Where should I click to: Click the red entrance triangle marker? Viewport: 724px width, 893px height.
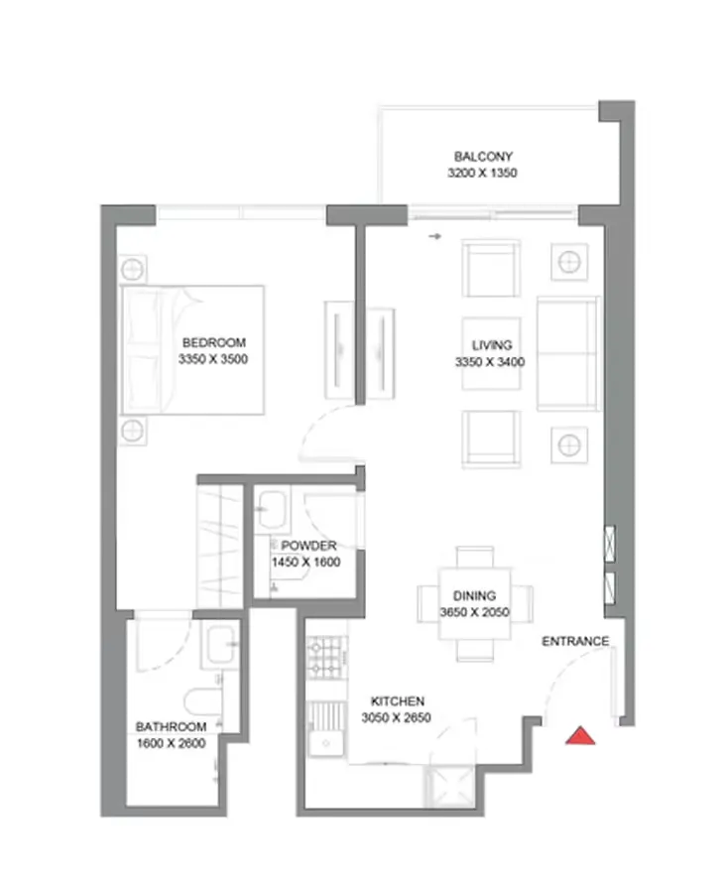580,735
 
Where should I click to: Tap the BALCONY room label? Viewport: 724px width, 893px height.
483,157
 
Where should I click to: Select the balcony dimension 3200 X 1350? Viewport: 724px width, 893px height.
483,173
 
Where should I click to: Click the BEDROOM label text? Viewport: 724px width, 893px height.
213,343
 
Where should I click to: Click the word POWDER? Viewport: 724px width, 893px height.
308,546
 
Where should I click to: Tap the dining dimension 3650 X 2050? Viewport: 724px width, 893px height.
474,612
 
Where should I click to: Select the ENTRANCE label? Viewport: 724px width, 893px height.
575,641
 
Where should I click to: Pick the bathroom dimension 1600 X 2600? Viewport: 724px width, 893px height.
171,741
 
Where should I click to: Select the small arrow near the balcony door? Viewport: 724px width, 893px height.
434,236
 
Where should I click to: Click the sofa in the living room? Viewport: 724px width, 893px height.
566,353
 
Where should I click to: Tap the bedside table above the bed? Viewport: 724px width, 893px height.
133,268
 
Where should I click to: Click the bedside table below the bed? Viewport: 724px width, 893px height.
133,430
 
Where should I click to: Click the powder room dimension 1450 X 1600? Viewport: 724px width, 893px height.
305,562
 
